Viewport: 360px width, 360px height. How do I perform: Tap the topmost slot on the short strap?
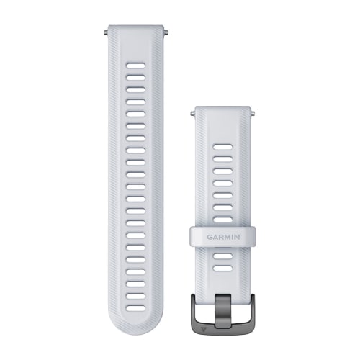(223, 148)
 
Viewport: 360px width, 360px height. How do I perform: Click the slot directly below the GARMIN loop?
(223, 255)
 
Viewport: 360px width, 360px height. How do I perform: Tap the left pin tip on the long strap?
(106, 32)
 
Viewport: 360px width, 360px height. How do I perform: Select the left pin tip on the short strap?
(192, 112)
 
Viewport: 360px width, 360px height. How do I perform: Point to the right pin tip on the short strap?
(255, 112)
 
